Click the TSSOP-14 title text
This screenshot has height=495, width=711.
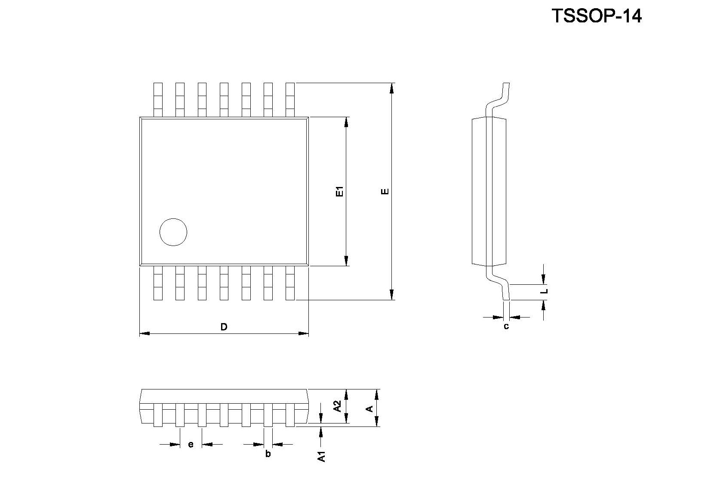(597, 16)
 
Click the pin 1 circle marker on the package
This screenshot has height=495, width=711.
(173, 232)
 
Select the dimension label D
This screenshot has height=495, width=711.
(224, 327)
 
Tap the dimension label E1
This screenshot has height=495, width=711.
(340, 191)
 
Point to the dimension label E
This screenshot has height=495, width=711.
(385, 191)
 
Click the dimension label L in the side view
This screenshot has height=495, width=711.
(545, 291)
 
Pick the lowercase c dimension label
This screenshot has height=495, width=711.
(506, 327)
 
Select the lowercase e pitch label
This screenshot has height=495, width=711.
(191, 445)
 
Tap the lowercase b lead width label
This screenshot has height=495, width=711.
(268, 454)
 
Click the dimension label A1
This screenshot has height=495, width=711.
(322, 456)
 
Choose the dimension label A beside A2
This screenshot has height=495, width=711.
(370, 408)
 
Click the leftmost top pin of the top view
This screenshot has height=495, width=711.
(158, 100)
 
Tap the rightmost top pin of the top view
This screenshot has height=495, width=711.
(290, 100)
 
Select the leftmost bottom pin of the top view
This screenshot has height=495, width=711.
(158, 283)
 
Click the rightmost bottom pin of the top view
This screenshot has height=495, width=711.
(290, 283)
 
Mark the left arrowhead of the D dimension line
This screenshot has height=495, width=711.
(145, 333)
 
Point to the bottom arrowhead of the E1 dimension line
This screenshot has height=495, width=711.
(346, 261)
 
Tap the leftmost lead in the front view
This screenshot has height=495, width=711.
(158, 415)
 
